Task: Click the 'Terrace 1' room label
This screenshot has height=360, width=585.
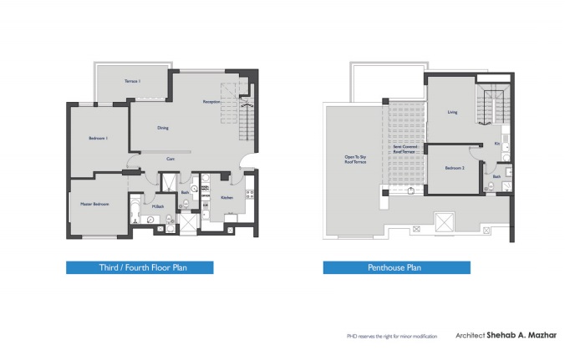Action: [132, 81]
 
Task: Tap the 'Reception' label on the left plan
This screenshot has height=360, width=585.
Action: [211, 102]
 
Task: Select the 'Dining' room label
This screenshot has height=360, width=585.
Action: [164, 128]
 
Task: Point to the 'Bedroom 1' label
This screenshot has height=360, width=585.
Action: [99, 138]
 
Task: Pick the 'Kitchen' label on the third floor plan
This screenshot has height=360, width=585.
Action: [226, 198]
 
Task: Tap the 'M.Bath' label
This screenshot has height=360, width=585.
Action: [157, 205]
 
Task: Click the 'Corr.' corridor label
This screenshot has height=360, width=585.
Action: [170, 158]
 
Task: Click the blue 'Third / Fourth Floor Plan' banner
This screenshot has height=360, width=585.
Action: [140, 268]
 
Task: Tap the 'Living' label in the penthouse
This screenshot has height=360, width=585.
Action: [452, 111]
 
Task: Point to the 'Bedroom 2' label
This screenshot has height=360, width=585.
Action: [454, 168]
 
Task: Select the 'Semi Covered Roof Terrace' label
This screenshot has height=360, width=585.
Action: [404, 149]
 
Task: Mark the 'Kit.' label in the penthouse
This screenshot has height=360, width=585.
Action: [496, 144]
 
